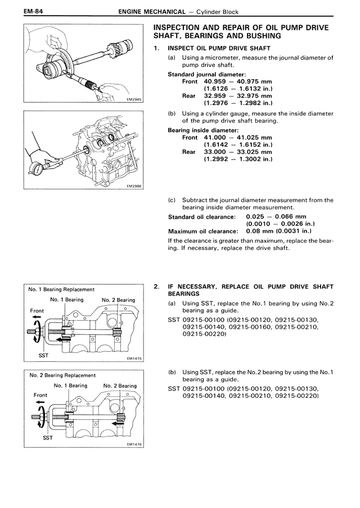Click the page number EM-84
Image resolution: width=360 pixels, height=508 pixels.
click(x=33, y=12)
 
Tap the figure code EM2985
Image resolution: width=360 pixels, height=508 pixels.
click(x=134, y=100)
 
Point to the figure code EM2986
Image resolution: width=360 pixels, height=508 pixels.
click(x=134, y=187)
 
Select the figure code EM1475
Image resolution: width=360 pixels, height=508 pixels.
click(x=134, y=359)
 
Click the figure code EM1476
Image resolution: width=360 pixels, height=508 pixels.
click(x=134, y=444)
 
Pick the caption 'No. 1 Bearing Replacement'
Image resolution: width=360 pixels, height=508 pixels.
click(x=61, y=289)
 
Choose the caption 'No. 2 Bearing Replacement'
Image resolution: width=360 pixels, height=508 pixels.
click(x=62, y=375)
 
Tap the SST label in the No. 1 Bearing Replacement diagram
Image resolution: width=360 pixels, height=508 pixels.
click(x=43, y=355)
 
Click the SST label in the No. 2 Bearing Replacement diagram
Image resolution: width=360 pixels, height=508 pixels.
click(x=48, y=438)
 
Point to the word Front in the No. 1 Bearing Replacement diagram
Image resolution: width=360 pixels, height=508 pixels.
click(x=37, y=311)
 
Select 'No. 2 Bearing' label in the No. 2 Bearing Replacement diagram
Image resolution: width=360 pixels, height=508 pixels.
click(x=120, y=385)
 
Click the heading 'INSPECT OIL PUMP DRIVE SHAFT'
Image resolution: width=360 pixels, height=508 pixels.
click(x=219, y=48)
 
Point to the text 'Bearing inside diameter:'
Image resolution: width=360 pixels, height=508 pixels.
click(x=204, y=130)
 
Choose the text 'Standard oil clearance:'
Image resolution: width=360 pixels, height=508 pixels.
click(x=202, y=217)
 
